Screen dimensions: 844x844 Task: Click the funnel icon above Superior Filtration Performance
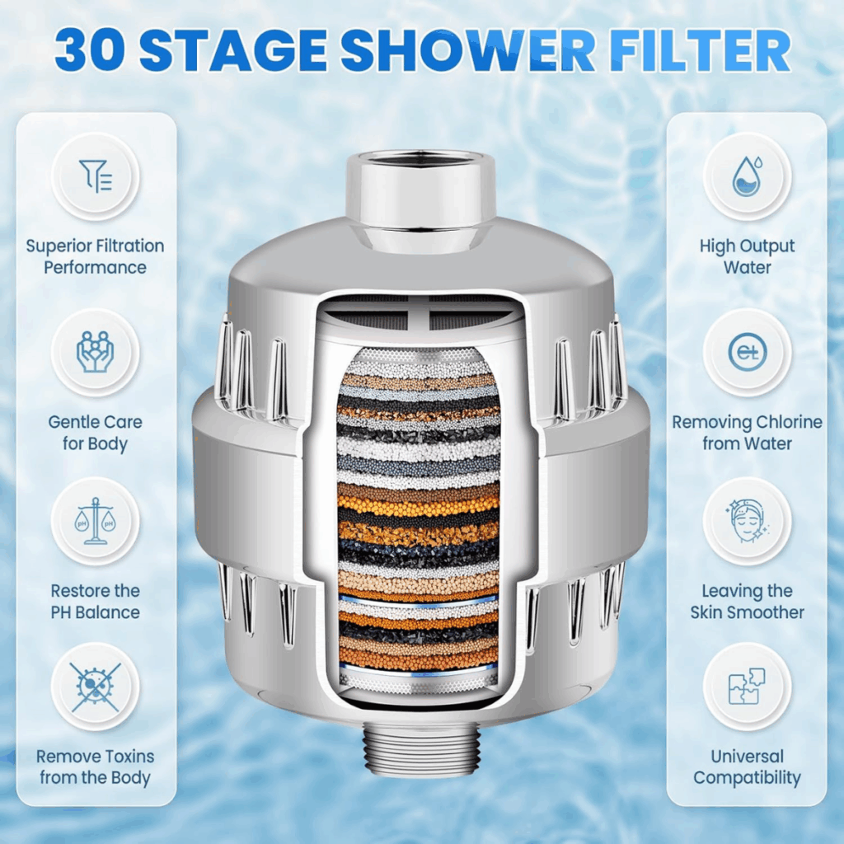[x=96, y=176]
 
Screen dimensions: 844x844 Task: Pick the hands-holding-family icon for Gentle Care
[x=96, y=352]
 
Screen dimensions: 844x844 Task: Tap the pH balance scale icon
[x=96, y=521]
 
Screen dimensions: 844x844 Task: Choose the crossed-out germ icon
[x=96, y=687]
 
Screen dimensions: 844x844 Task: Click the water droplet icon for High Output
[x=747, y=176]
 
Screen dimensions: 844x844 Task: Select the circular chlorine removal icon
[x=747, y=352]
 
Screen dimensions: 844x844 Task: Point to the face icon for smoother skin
[x=747, y=521]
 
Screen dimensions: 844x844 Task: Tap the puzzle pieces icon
[x=747, y=687]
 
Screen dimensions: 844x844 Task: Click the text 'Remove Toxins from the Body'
[x=96, y=767]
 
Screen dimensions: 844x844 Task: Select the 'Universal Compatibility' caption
[x=747, y=767]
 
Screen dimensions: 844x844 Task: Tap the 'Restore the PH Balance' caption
[x=96, y=601]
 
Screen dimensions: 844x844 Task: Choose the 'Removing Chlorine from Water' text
[x=747, y=433]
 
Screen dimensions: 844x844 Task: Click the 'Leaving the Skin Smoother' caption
[x=747, y=601]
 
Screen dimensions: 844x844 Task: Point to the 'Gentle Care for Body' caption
[x=96, y=433]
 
